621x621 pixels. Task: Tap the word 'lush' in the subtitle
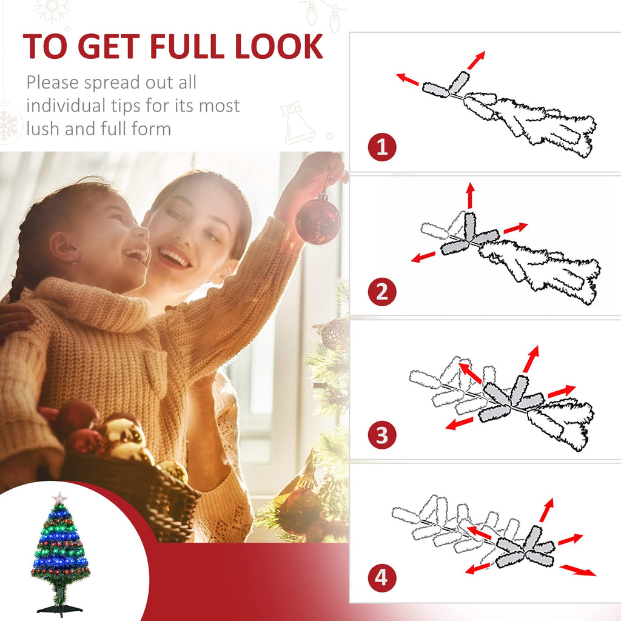(44, 129)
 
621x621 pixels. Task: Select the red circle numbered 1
(382, 148)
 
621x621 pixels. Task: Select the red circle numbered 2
(382, 292)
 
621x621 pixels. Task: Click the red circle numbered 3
(382, 435)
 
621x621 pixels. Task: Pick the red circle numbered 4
(382, 577)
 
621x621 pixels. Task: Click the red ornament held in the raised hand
(318, 219)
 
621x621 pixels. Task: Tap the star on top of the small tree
(59, 498)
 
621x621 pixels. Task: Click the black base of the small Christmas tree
(59, 608)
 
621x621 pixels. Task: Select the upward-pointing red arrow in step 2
(469, 195)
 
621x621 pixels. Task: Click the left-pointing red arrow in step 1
(408, 79)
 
